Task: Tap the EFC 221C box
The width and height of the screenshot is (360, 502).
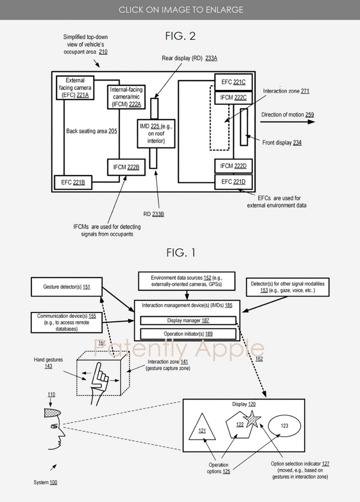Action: point(233,81)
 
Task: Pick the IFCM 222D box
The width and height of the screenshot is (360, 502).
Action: point(233,166)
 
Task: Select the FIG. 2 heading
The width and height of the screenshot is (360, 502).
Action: point(180,36)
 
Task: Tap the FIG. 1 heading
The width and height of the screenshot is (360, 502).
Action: point(180,253)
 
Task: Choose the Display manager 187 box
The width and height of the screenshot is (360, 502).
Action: point(187,320)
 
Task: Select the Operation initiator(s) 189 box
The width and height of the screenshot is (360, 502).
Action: point(187,334)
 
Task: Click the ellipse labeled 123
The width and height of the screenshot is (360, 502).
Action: point(284,426)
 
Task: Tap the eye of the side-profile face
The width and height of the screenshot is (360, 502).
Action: point(53,427)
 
